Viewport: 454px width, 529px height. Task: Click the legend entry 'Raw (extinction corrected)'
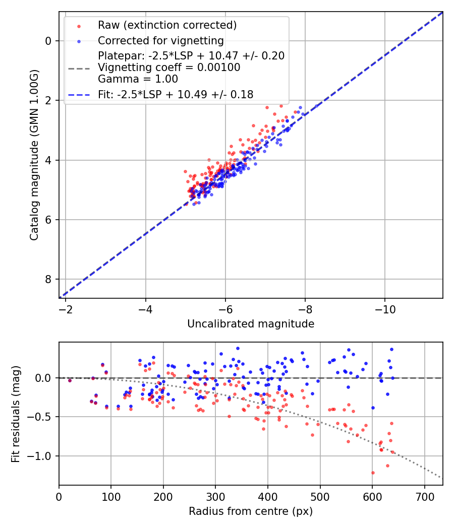(x=167, y=25)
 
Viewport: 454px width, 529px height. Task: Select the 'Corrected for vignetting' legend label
(x=160, y=40)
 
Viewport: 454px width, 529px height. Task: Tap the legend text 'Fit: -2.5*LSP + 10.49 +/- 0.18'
(x=176, y=94)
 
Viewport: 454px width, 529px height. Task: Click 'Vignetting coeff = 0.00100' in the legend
(x=169, y=67)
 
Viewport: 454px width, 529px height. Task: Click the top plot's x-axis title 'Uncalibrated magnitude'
(x=251, y=324)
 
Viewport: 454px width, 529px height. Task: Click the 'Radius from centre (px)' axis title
(x=251, y=511)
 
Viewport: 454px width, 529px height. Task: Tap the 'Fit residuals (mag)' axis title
(x=16, y=414)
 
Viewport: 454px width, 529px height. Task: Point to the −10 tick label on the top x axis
(x=385, y=308)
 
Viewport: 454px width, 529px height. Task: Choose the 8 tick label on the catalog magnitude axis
(x=48, y=279)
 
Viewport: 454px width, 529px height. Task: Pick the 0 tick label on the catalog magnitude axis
(x=48, y=41)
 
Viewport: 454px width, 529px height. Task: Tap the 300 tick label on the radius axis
(x=215, y=496)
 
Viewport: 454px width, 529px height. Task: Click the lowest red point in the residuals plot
(x=373, y=473)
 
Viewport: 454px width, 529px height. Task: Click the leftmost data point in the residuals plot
(x=70, y=380)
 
